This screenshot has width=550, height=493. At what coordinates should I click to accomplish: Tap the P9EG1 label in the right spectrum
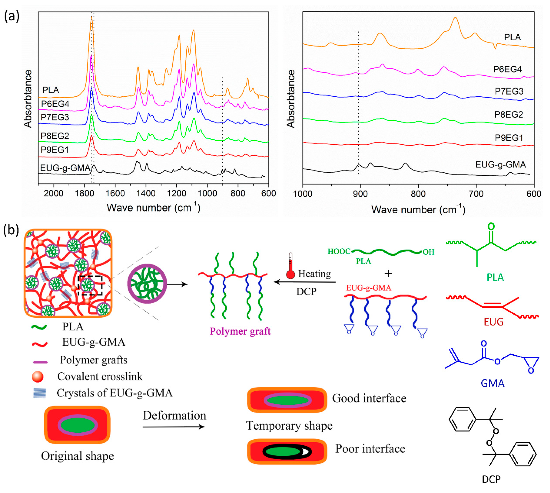click(x=509, y=138)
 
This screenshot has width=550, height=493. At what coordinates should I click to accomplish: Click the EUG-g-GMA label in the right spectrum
click(x=501, y=164)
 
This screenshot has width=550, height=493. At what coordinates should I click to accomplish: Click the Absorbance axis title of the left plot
click(x=28, y=99)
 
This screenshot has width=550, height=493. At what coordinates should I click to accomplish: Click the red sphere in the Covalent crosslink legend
click(x=38, y=377)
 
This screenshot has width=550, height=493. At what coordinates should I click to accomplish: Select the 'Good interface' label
click(x=369, y=398)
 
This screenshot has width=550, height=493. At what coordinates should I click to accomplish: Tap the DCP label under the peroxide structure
click(x=491, y=479)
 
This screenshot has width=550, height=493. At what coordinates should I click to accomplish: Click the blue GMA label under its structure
click(x=492, y=383)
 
